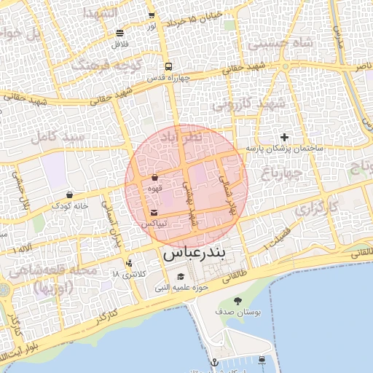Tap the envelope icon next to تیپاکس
pos(154,213)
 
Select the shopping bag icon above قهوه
pos(154,178)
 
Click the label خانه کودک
pos(69,206)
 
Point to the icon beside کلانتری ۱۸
pos(129,263)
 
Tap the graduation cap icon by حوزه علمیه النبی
pos(180,277)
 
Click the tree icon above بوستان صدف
pos(237,300)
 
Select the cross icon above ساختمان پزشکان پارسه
pos(284,137)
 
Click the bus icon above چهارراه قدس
pos(168,66)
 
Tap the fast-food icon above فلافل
pos(119,34)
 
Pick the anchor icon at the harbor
pos(214,362)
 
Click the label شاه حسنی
pos(280,44)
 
